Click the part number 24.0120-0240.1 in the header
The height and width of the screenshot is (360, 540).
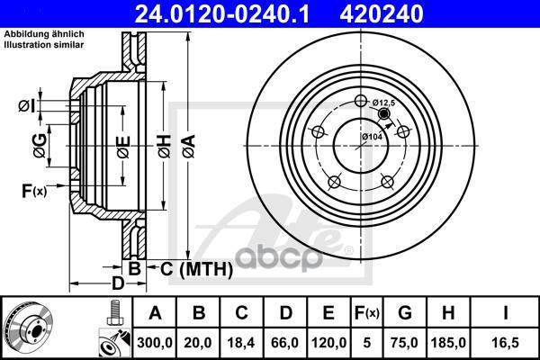(x=222, y=13)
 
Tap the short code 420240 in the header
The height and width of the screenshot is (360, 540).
(x=382, y=13)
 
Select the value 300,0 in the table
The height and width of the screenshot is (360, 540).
(x=155, y=343)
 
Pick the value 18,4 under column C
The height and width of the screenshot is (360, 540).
(x=241, y=343)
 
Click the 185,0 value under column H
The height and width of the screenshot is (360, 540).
(x=448, y=343)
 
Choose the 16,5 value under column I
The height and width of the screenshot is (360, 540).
(x=505, y=343)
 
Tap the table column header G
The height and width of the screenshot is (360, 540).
(x=405, y=313)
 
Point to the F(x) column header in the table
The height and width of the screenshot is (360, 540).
(x=367, y=313)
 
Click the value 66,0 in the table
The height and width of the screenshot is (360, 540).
(x=285, y=343)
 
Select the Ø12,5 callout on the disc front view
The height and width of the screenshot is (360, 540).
(x=383, y=103)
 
